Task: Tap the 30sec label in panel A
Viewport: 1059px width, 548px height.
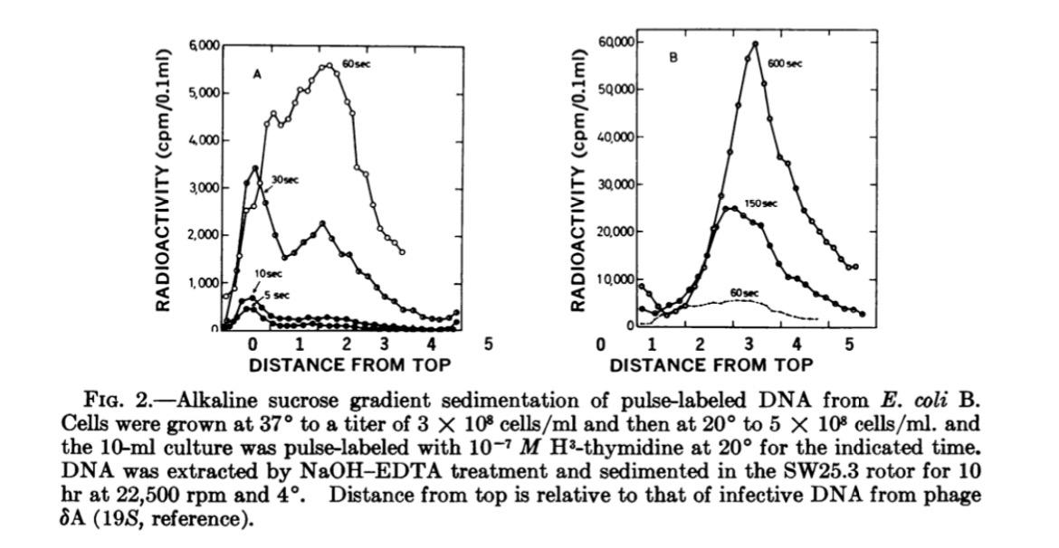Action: point(286,180)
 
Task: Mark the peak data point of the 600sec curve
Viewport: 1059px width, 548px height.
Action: point(754,43)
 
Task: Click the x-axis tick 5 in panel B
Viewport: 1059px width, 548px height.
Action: point(847,345)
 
